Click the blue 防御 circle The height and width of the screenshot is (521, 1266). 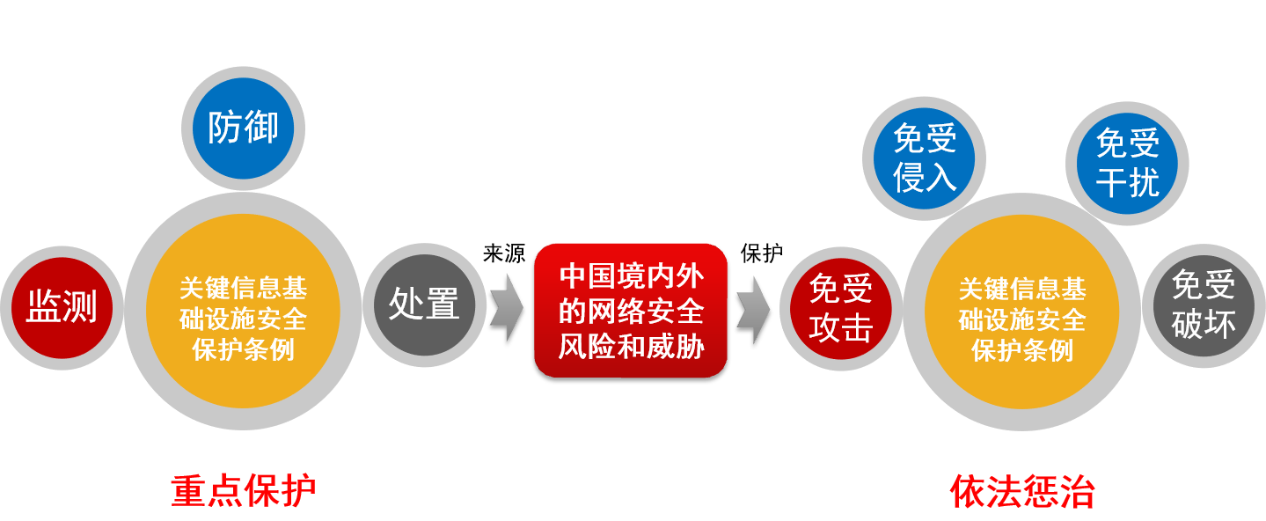(x=243, y=128)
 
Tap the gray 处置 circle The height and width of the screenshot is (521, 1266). (x=425, y=305)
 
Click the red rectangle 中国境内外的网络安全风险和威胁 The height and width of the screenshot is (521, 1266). (x=631, y=310)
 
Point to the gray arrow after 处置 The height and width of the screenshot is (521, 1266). (x=506, y=307)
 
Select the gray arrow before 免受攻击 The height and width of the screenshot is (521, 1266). (x=753, y=307)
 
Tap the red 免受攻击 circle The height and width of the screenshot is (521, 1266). (x=840, y=308)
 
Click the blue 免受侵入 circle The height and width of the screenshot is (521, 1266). (x=925, y=158)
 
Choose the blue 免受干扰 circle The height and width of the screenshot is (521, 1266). (x=1127, y=164)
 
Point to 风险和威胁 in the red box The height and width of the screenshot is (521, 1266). (x=631, y=346)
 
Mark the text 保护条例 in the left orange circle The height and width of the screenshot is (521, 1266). (x=243, y=349)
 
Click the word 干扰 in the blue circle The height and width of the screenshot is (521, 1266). (x=1127, y=183)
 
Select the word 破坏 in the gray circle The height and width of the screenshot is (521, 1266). (x=1204, y=324)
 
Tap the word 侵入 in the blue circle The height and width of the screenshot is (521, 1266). (x=925, y=178)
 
